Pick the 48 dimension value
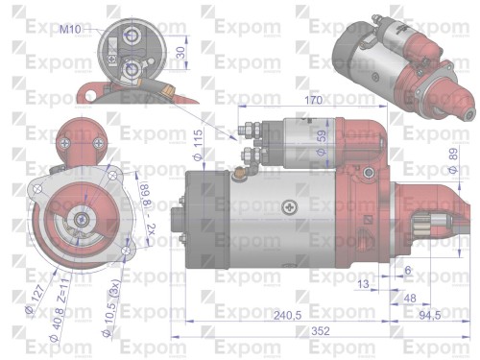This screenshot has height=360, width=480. pos(409,299)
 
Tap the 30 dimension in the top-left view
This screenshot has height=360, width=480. pos(181,52)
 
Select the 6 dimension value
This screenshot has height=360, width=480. pos(408,271)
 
